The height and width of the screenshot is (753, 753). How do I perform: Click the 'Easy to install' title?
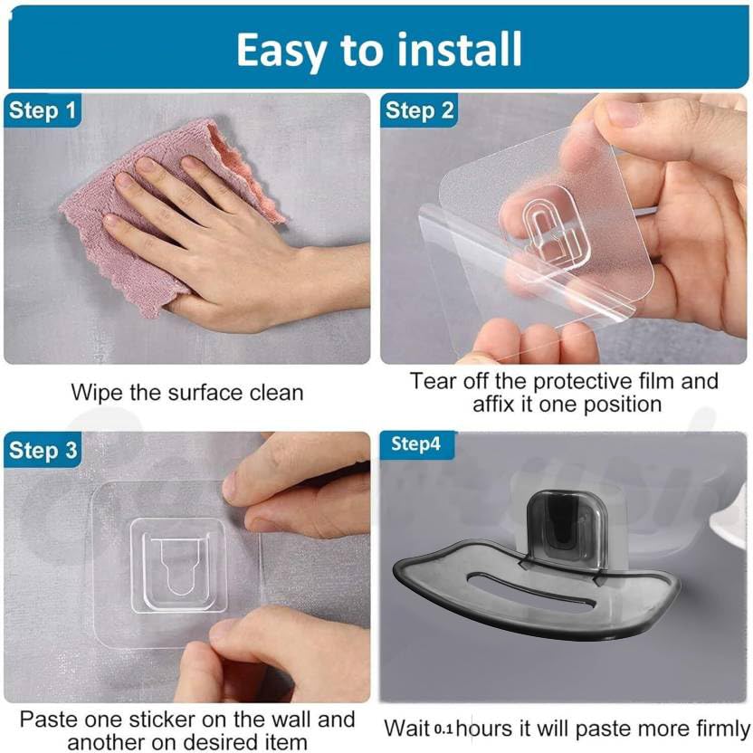(x=379, y=49)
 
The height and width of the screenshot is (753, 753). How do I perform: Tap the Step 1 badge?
(x=43, y=110)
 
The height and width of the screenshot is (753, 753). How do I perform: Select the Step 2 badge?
(x=419, y=110)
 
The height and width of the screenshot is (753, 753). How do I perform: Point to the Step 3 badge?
(x=43, y=450)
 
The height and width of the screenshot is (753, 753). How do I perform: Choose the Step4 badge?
(x=416, y=444)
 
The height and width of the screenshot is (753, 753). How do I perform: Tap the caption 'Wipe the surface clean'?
(x=187, y=393)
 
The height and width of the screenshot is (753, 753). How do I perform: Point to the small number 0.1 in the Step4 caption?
(x=443, y=729)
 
